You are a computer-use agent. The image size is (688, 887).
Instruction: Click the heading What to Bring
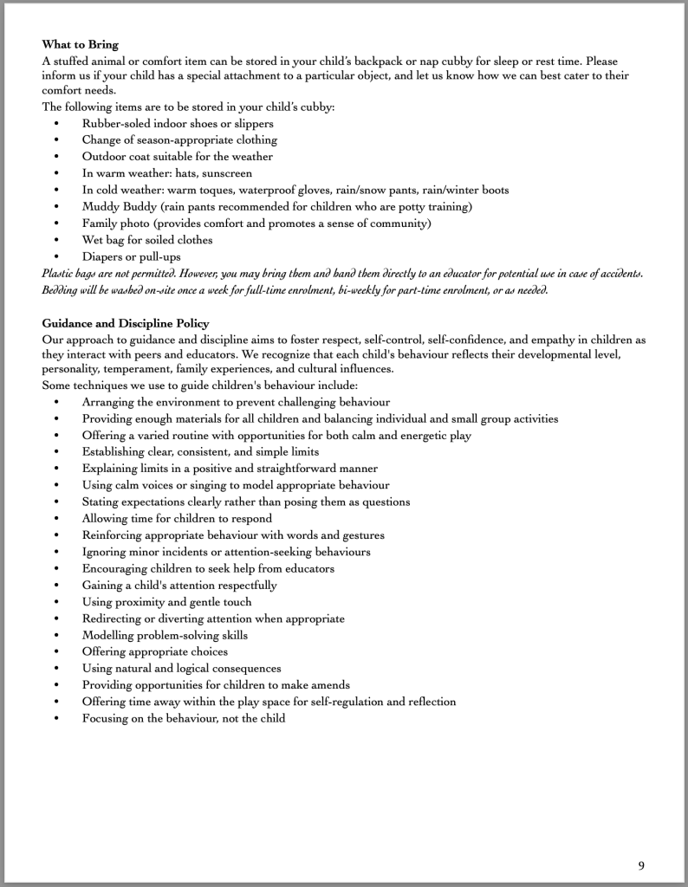point(80,44)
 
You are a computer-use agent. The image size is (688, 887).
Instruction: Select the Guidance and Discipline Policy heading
point(125,324)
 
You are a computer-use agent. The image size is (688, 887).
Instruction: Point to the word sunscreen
point(224,173)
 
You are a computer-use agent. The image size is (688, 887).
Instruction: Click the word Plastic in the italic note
point(59,273)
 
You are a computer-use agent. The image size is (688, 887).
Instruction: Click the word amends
point(331,684)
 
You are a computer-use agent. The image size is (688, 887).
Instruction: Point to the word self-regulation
point(328,702)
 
